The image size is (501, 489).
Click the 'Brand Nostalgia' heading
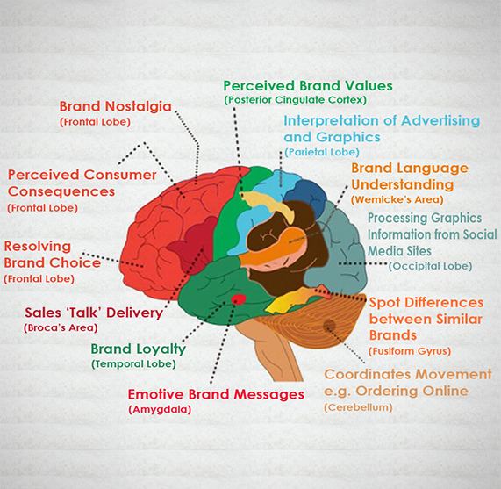point(115,107)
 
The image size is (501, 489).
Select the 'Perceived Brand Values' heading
point(308,86)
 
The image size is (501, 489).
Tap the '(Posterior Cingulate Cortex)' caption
point(295,100)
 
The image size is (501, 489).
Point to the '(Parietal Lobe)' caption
point(322,152)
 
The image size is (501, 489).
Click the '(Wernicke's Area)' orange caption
point(397,200)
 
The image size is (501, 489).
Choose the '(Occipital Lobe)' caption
point(431,266)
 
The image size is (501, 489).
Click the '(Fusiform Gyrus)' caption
point(410,351)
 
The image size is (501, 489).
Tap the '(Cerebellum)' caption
point(358,407)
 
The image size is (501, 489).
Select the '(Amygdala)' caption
point(160,409)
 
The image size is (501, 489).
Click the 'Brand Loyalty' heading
point(139,349)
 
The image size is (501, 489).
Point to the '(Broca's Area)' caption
point(61,328)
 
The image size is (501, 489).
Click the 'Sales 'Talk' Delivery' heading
point(94,313)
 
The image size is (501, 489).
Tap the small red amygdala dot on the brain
point(239,299)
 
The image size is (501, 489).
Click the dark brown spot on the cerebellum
point(329,326)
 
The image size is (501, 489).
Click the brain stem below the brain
point(275,351)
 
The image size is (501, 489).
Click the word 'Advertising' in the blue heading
point(440,120)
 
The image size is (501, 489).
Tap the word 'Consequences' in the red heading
point(61,191)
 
